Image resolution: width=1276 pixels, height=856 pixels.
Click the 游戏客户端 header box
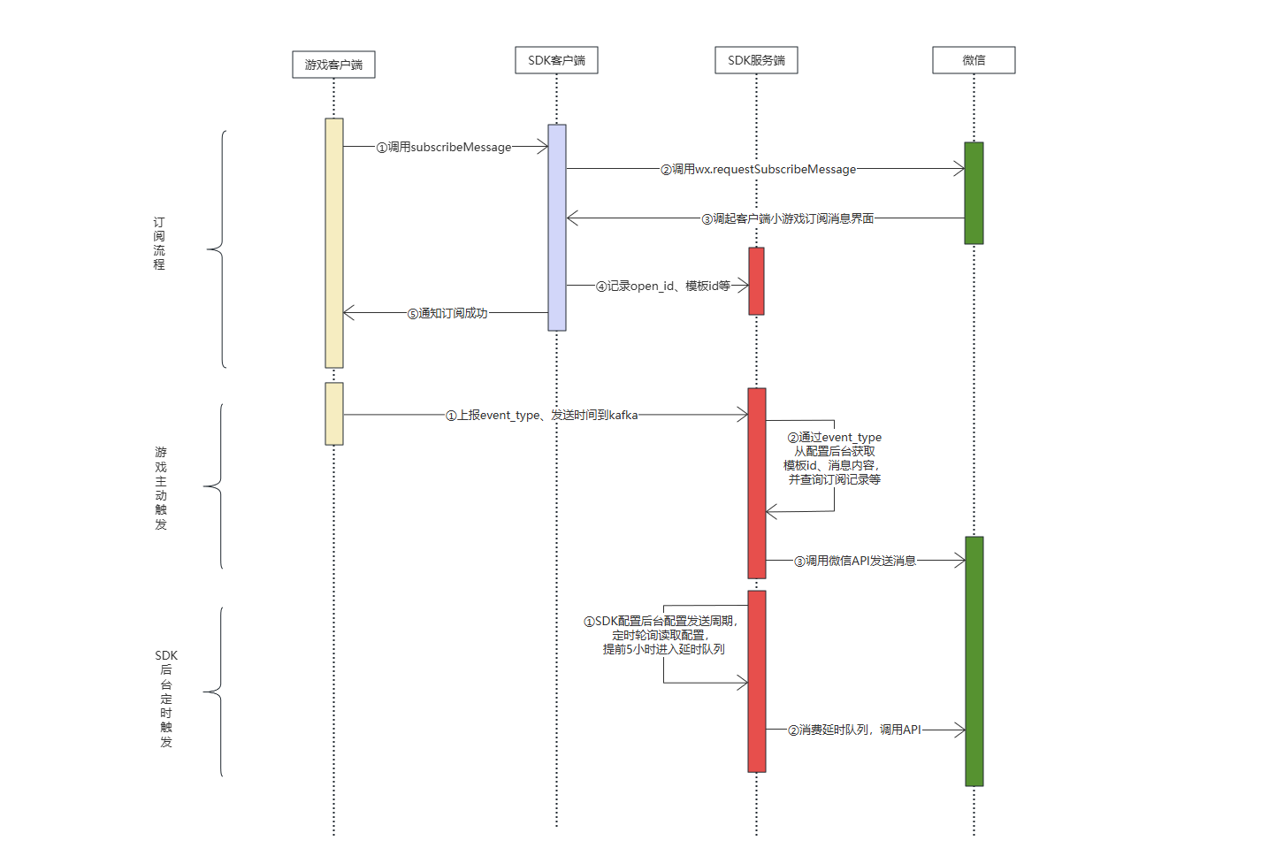333,65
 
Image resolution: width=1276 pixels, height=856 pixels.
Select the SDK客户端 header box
556,60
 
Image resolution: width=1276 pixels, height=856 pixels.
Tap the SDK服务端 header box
756,60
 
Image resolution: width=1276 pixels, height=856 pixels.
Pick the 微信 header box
974,60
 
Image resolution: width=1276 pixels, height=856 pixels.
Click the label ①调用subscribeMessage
444,148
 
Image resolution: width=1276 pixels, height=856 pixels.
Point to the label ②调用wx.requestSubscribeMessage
758,169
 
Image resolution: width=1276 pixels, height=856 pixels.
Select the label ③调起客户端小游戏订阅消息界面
787,218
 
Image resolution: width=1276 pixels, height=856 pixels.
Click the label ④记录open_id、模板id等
663,286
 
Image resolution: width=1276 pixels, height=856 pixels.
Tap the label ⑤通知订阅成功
447,313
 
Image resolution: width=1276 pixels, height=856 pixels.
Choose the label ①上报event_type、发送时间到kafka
541,415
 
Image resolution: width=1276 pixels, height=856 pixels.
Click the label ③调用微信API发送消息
854,561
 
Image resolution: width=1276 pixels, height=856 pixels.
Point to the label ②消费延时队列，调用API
854,730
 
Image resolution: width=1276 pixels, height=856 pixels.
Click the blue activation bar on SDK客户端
556,227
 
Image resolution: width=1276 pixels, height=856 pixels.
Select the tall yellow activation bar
333,242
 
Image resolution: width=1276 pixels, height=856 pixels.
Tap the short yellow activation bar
333,414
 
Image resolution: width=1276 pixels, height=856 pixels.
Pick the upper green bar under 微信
974,193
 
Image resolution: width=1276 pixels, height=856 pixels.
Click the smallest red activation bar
756,281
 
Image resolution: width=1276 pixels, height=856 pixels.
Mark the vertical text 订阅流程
159,243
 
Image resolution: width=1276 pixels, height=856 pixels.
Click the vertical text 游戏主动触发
161,488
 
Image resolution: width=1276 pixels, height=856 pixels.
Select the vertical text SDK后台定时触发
166,699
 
